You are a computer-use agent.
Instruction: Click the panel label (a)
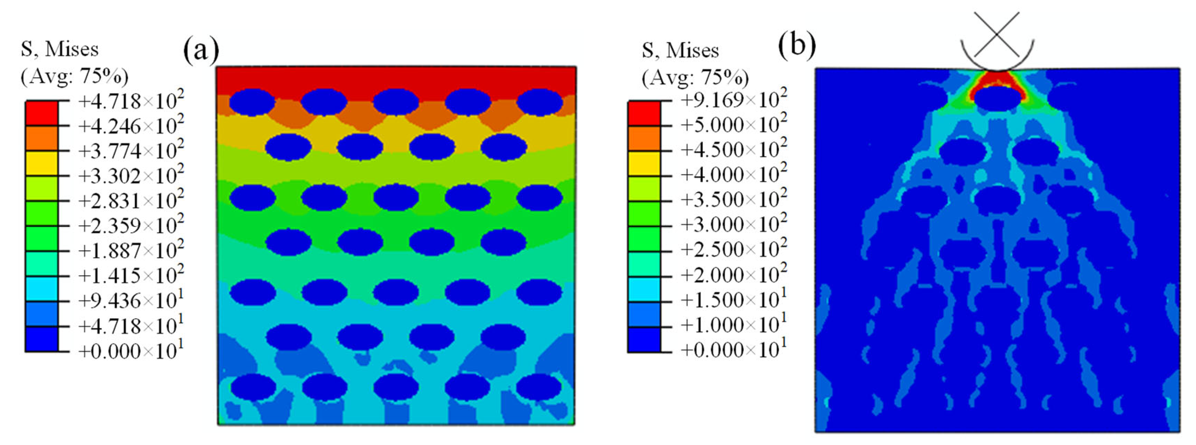(x=201, y=50)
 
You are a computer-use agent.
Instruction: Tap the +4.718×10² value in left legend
(x=131, y=100)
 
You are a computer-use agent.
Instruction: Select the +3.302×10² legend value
(x=131, y=176)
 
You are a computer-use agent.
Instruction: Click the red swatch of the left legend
(x=42, y=113)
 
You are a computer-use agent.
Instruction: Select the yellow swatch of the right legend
(x=644, y=163)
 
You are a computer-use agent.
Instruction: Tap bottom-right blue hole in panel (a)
(x=539, y=387)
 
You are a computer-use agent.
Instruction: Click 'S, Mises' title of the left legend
(x=59, y=49)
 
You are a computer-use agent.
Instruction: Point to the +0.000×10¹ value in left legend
(x=131, y=351)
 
